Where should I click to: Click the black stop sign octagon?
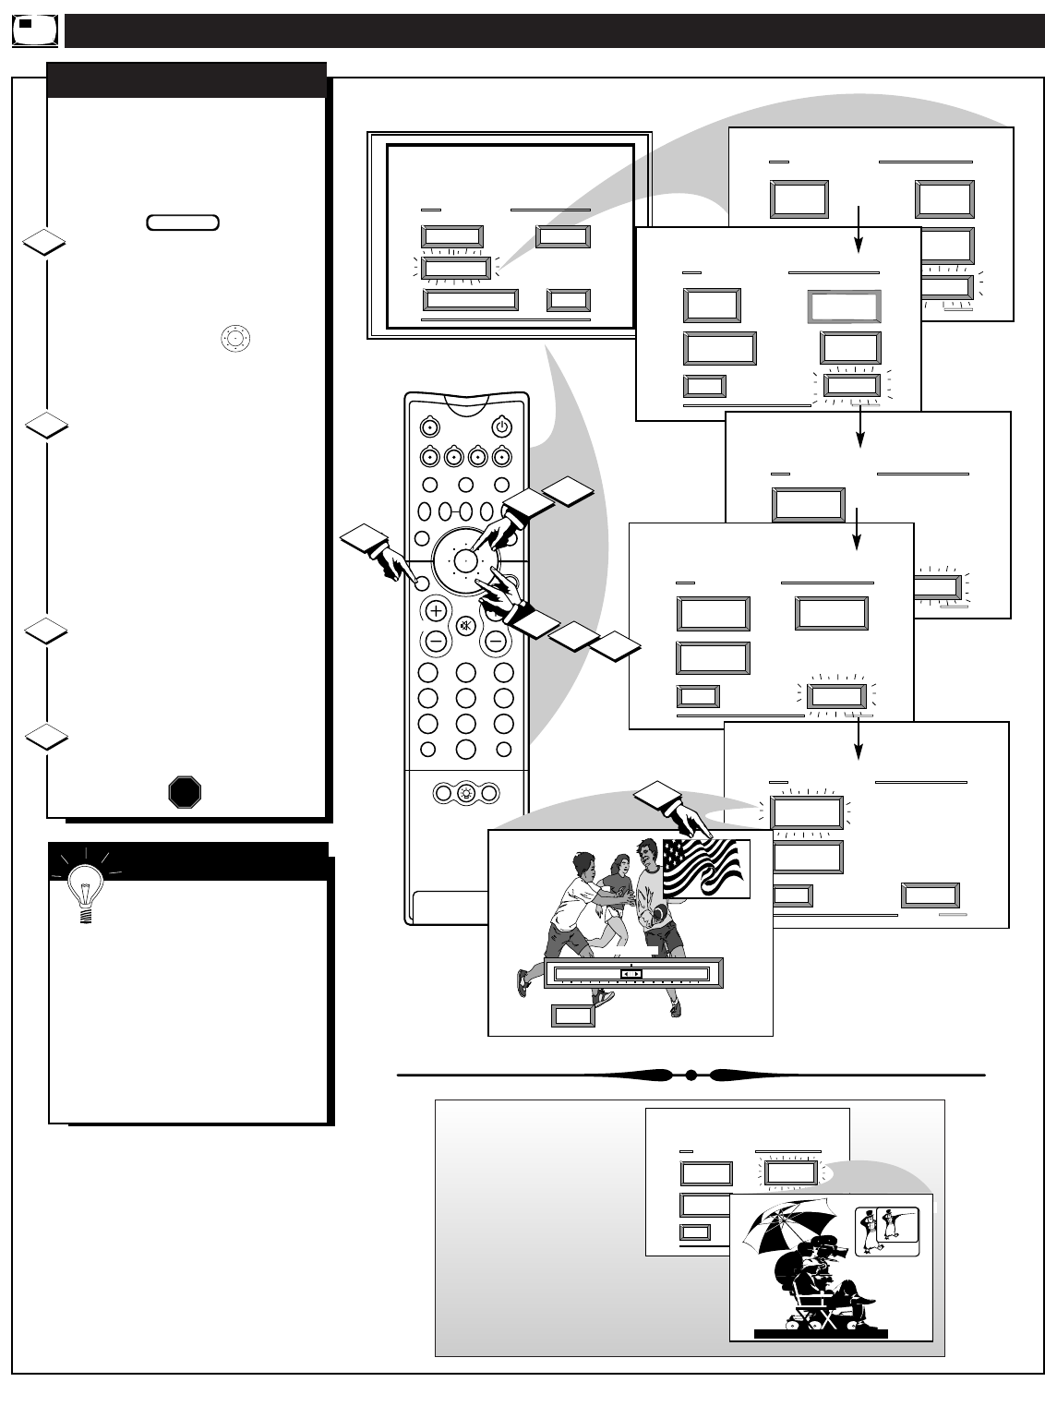pyautogui.click(x=185, y=792)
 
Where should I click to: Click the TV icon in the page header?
pyautogui.click(x=35, y=30)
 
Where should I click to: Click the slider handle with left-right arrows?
pyautogui.click(x=631, y=973)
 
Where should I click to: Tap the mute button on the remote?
pyautogui.click(x=465, y=624)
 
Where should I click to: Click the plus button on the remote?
pyautogui.click(x=436, y=610)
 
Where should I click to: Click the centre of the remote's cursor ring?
pyautogui.click(x=466, y=560)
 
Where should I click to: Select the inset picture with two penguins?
pyautogui.click(x=886, y=1231)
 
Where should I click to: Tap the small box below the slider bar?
pyautogui.click(x=573, y=1015)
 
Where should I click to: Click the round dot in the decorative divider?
pyautogui.click(x=691, y=1075)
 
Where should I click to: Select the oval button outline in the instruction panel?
pyautogui.click(x=182, y=222)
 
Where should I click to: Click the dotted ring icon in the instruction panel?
pyautogui.click(x=235, y=338)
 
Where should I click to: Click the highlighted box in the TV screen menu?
pyautogui.click(x=455, y=269)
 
